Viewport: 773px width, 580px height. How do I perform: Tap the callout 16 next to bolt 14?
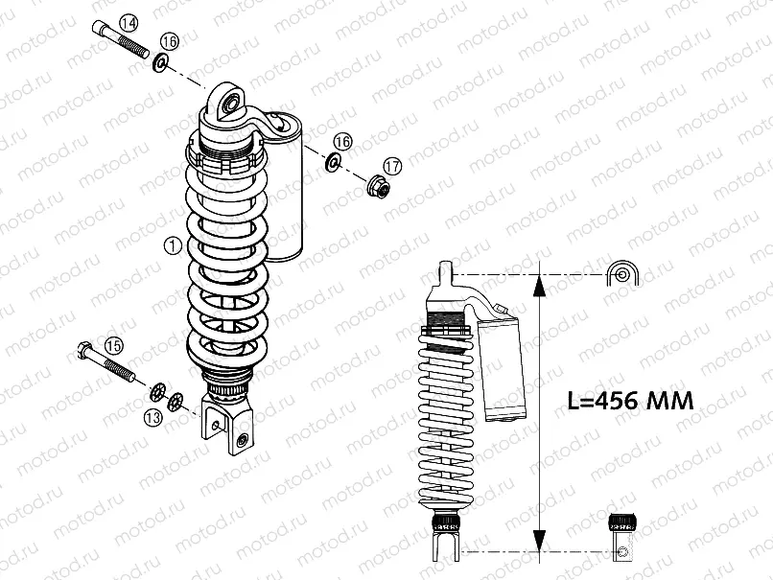(x=170, y=40)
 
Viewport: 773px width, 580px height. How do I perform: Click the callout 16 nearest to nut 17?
(x=342, y=141)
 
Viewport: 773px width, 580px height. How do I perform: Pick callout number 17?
(x=392, y=165)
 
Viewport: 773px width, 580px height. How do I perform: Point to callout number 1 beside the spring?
(x=172, y=245)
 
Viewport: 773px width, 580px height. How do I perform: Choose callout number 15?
(x=114, y=345)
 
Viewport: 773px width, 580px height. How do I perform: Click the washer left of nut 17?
(x=334, y=161)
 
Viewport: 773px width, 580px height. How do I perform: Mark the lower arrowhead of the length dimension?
(x=540, y=541)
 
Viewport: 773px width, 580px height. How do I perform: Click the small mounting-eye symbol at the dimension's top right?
(x=622, y=274)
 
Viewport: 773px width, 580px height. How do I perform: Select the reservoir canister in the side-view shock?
(x=504, y=369)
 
